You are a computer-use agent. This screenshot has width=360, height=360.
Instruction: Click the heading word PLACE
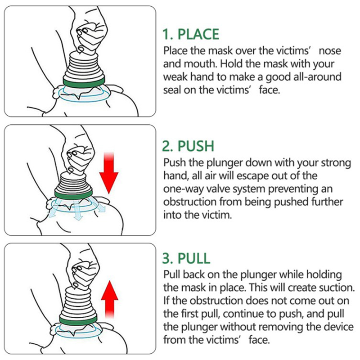(198, 35)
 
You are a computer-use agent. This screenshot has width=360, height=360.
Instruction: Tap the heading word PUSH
(196, 146)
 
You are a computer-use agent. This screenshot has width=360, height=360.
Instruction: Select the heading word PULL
(194, 258)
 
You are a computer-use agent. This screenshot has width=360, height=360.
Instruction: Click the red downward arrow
(108, 173)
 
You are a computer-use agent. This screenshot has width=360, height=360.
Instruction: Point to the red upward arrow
(109, 299)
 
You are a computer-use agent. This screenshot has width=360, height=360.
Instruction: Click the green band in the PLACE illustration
(84, 81)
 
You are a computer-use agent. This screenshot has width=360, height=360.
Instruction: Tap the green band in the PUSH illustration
(74, 194)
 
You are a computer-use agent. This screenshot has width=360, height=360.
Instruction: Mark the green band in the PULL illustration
(78, 320)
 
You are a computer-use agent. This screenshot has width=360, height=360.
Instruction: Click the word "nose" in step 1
(330, 51)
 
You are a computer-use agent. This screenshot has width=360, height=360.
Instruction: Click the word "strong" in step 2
(336, 163)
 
